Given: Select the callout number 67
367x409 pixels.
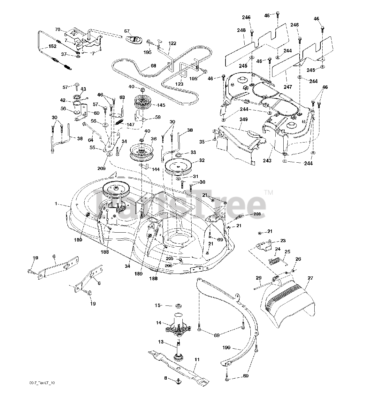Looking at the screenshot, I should (x=127, y=31).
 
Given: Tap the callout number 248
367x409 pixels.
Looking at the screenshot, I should (x=241, y=30).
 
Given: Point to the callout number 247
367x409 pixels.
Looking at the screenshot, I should (x=288, y=87).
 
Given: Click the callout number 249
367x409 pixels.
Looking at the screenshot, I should (x=244, y=120).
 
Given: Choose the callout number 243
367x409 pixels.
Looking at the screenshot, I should (x=267, y=160).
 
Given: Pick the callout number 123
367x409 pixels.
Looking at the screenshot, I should (x=180, y=84).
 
